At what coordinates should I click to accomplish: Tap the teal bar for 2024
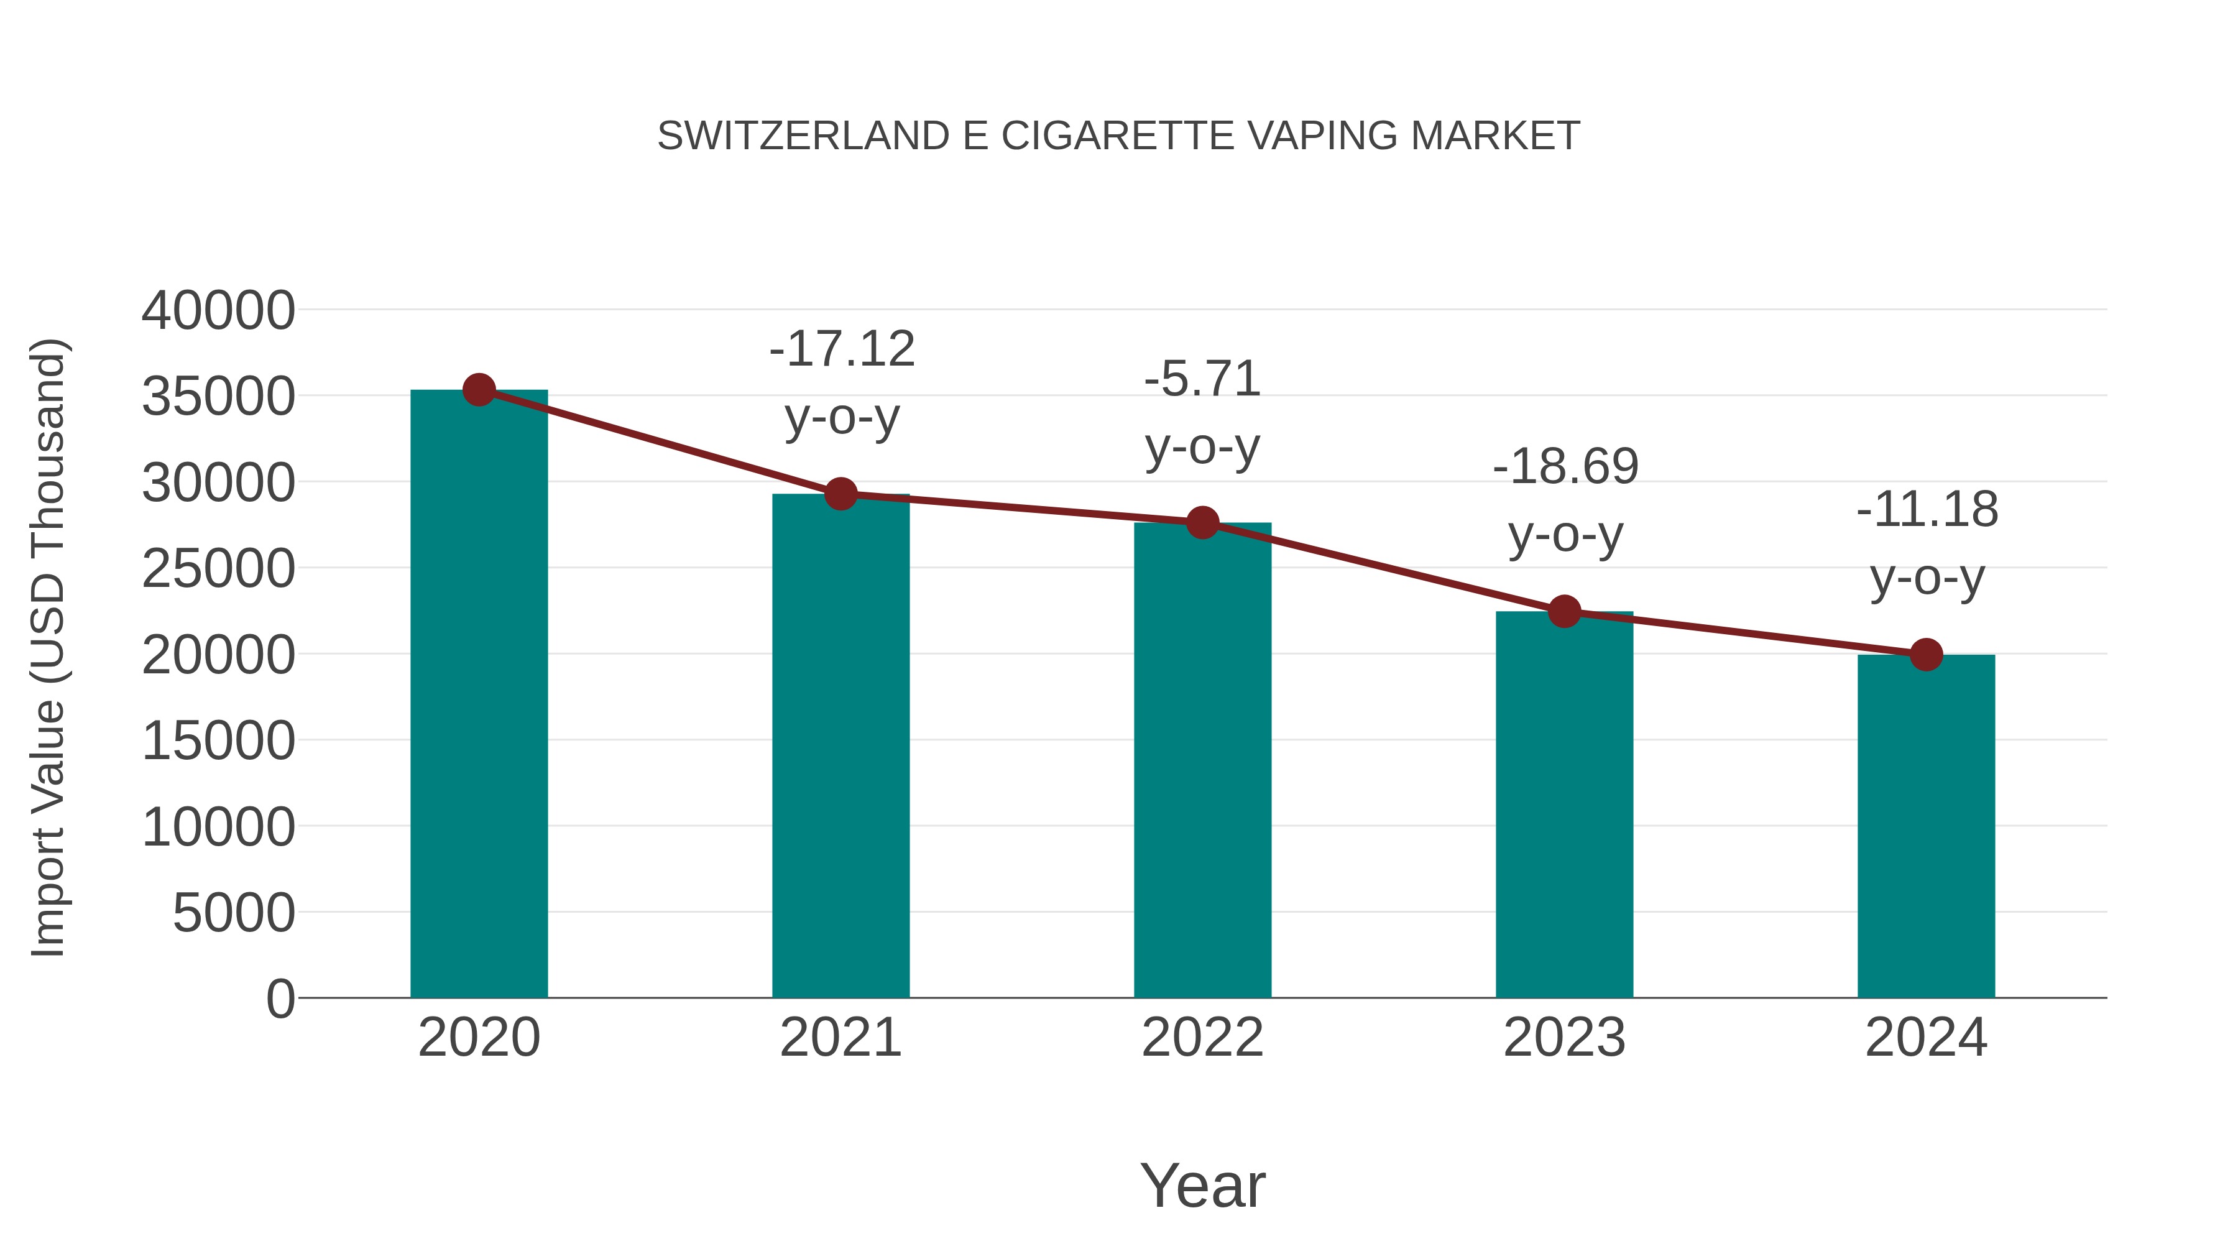click(x=1926, y=826)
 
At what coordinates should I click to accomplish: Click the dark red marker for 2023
click(x=1565, y=612)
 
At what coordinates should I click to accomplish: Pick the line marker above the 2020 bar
click(x=479, y=390)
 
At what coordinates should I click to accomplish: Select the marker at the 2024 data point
click(x=1926, y=654)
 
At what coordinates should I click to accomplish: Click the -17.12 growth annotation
click(x=842, y=349)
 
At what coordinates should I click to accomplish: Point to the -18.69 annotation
click(x=1565, y=466)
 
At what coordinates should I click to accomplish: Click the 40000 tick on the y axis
click(x=218, y=310)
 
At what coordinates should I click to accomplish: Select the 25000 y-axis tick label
click(x=218, y=569)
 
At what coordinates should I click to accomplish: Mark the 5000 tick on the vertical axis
click(x=234, y=913)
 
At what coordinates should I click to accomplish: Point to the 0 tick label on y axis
click(x=280, y=998)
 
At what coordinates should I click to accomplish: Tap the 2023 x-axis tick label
click(x=1565, y=1038)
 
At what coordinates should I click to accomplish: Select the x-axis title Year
click(x=1202, y=1185)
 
